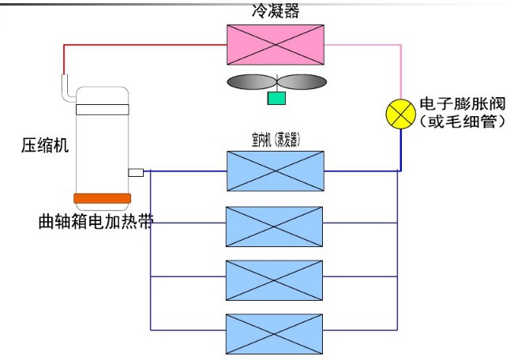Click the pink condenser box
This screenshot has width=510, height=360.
coord(275,43)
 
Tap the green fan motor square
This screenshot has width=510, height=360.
coord(276,98)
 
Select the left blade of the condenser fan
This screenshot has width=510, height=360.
coord(249,82)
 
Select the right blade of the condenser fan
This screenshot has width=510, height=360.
coord(302,82)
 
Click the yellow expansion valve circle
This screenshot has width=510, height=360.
coord(400,114)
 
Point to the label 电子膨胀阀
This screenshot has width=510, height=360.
coord(462,104)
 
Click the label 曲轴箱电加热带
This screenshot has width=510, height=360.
coord(95,220)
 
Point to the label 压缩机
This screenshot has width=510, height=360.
coord(43,145)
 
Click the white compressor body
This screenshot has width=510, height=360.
coord(101,142)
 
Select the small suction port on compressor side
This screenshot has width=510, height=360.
coord(134,171)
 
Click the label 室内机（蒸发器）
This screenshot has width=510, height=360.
coord(275,140)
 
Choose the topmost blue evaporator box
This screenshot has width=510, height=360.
coord(275,171)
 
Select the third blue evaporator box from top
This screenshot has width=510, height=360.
coord(275,278)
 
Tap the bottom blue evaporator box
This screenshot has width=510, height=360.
coord(275,332)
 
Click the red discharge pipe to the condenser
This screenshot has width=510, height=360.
coord(142,44)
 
